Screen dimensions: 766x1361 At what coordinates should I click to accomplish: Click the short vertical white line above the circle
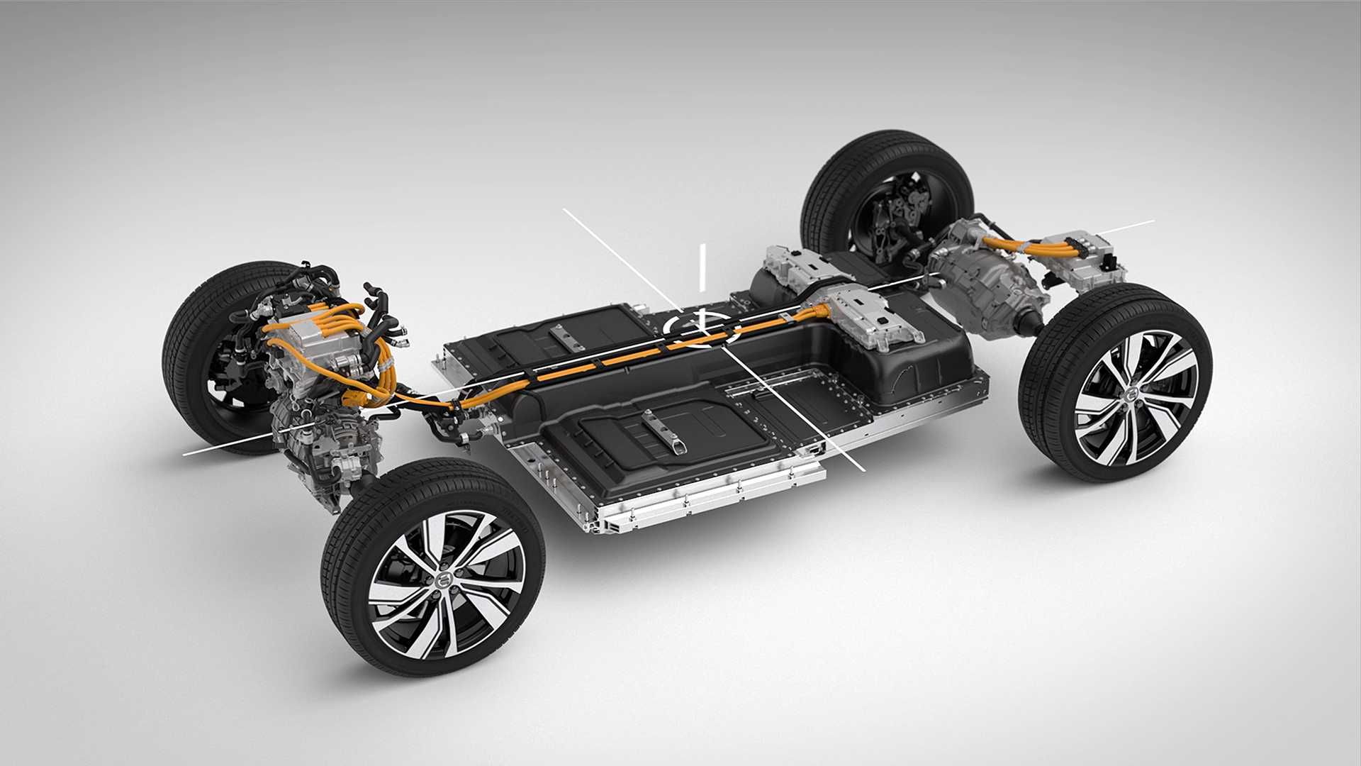(703, 267)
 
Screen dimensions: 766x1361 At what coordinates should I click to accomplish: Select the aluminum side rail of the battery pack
(702, 496)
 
